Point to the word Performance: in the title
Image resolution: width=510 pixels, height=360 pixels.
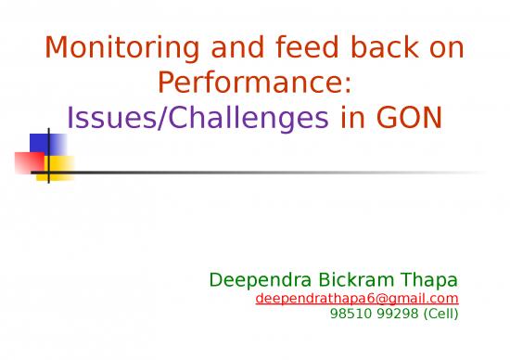[x=254, y=84]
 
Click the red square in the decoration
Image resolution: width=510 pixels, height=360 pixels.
[x=28, y=163]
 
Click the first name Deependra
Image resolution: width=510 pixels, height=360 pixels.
[x=253, y=280]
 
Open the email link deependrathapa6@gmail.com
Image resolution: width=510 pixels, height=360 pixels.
[x=357, y=298]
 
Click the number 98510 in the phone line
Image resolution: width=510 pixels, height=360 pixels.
[x=350, y=313]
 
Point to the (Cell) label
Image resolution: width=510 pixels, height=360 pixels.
[x=439, y=313]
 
